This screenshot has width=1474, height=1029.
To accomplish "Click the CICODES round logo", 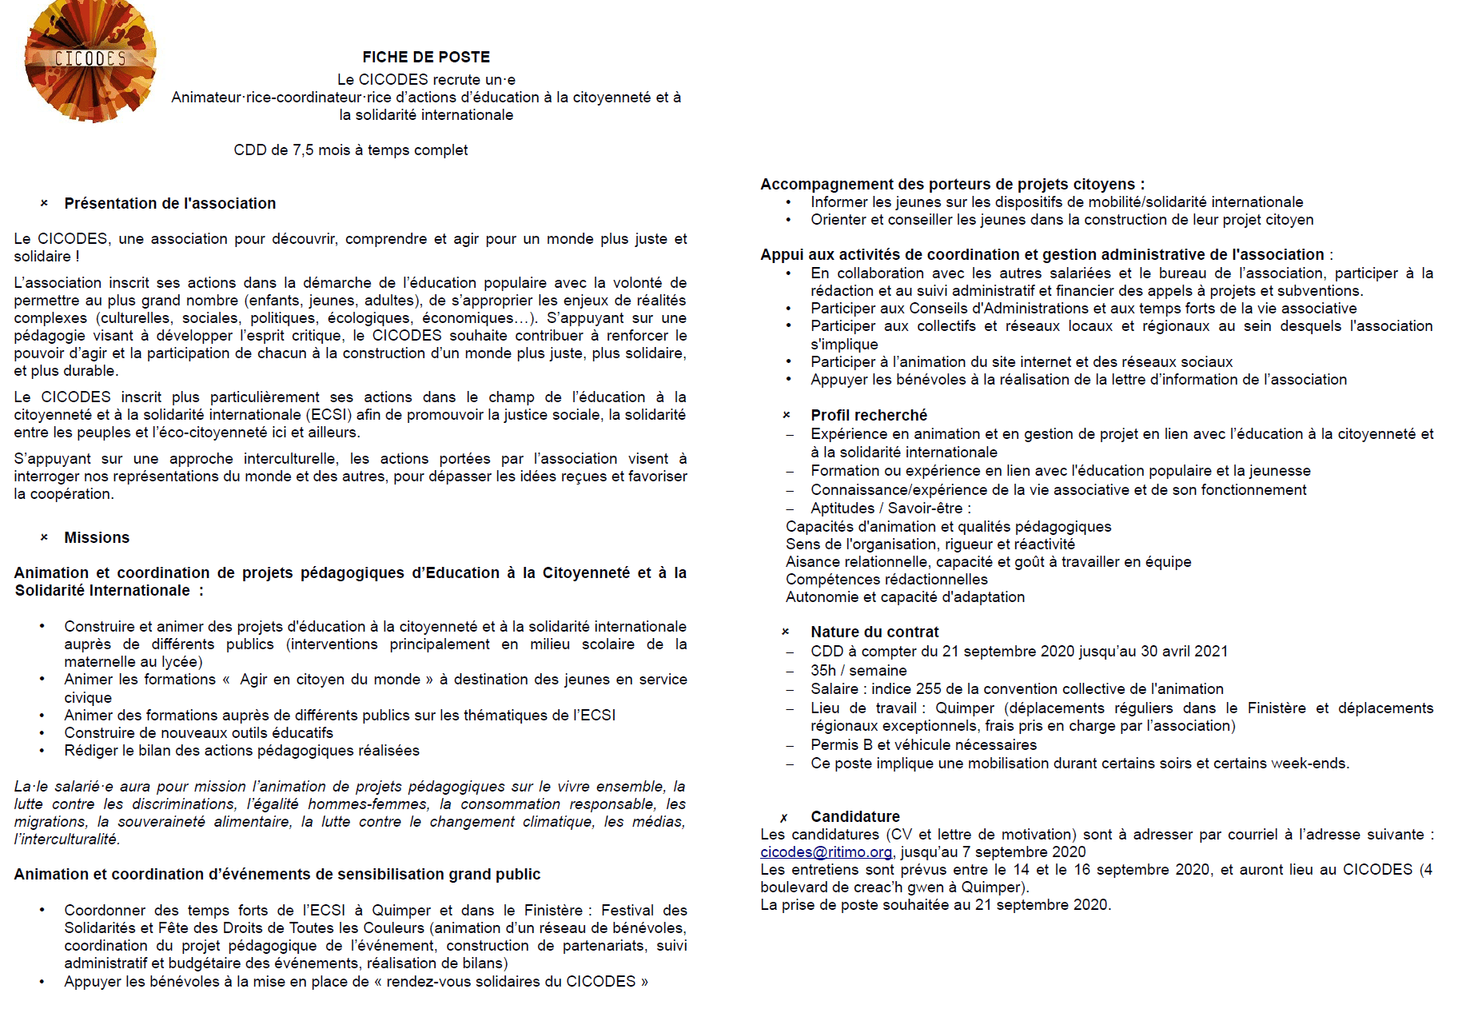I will click(x=90, y=61).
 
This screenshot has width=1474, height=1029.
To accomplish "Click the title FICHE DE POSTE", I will click(x=426, y=57).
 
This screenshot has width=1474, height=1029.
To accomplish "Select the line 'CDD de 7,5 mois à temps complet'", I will click(x=350, y=150).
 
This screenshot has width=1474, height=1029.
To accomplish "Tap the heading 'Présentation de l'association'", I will click(x=169, y=203).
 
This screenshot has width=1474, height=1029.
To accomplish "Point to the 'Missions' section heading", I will click(x=97, y=537).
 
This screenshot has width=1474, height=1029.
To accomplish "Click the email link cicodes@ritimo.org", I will click(x=826, y=852).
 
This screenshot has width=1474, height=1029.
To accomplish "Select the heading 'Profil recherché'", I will click(x=869, y=415).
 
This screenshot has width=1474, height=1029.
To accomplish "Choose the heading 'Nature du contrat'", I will click(x=874, y=632).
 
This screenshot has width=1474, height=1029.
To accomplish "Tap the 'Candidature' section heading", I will click(x=855, y=816).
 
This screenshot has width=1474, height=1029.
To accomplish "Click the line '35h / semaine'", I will click(x=859, y=670).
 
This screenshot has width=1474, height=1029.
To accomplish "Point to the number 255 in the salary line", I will click(x=929, y=689).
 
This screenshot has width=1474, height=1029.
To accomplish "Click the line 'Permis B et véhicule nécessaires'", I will click(x=923, y=745).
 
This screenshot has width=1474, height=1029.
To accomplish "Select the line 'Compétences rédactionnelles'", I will click(x=886, y=580).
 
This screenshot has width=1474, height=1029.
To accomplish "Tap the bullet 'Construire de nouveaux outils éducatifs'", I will click(x=198, y=733).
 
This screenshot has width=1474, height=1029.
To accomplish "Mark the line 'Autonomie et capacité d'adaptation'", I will click(x=905, y=597).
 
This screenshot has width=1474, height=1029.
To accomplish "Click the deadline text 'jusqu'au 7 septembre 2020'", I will click(x=993, y=852).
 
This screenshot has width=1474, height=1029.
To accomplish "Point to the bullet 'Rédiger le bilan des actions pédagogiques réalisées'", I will click(x=241, y=751).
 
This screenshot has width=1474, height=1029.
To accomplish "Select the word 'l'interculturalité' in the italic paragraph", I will click(x=66, y=840).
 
